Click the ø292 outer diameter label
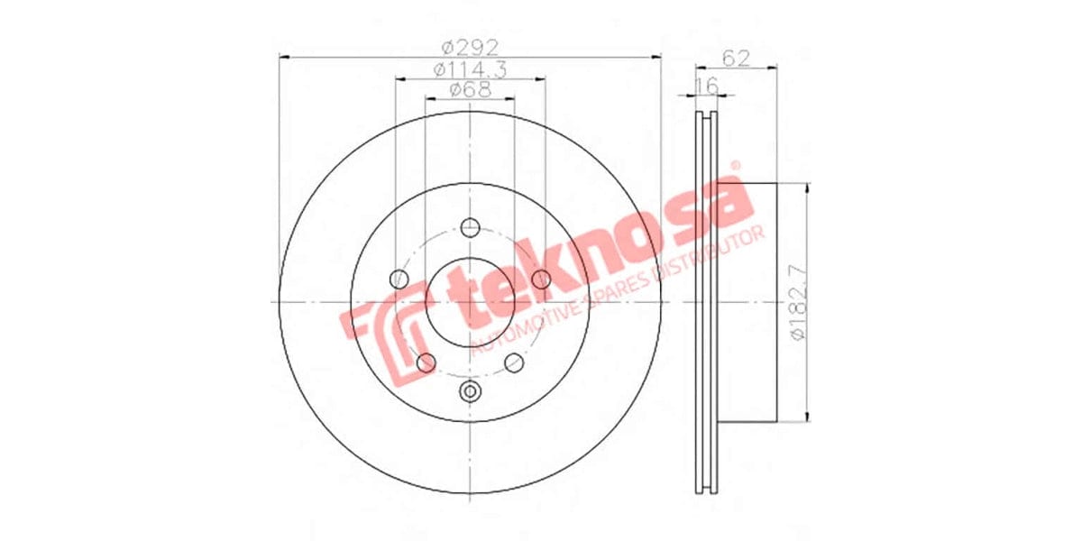(x=470, y=46)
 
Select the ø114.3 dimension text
(x=470, y=69)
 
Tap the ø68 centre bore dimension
(x=470, y=89)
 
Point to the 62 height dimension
(x=737, y=59)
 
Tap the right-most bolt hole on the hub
(x=541, y=279)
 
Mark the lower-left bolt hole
(x=426, y=362)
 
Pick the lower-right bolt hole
(x=514, y=362)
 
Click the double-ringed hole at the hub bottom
(x=470, y=390)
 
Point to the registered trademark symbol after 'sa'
(x=735, y=166)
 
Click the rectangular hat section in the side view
(x=748, y=301)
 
